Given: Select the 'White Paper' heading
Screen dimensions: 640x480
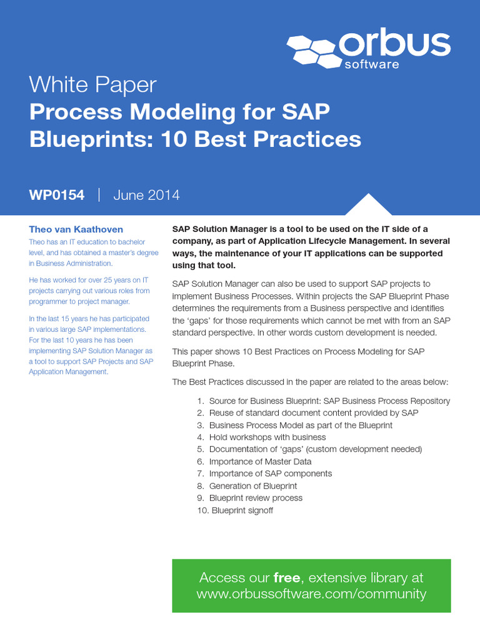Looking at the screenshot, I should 92,85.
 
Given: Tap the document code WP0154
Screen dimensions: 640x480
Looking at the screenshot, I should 56,195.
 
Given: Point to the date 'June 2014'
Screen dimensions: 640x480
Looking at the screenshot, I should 146,195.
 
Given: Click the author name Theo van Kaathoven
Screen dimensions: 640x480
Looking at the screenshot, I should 76,229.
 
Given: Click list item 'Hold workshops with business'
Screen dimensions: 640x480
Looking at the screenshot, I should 267,437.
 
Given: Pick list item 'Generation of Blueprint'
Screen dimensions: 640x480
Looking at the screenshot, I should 253,486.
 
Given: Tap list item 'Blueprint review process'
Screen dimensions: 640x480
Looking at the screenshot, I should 256,498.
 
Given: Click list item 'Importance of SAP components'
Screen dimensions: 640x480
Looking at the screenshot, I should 271,474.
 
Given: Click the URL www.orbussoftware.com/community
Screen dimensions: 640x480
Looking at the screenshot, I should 311,594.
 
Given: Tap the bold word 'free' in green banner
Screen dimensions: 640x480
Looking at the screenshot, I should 287,577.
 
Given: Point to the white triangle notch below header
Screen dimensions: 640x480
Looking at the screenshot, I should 369,206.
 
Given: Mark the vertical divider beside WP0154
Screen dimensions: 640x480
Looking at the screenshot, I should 99,195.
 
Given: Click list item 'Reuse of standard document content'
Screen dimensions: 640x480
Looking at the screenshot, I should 314,413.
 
